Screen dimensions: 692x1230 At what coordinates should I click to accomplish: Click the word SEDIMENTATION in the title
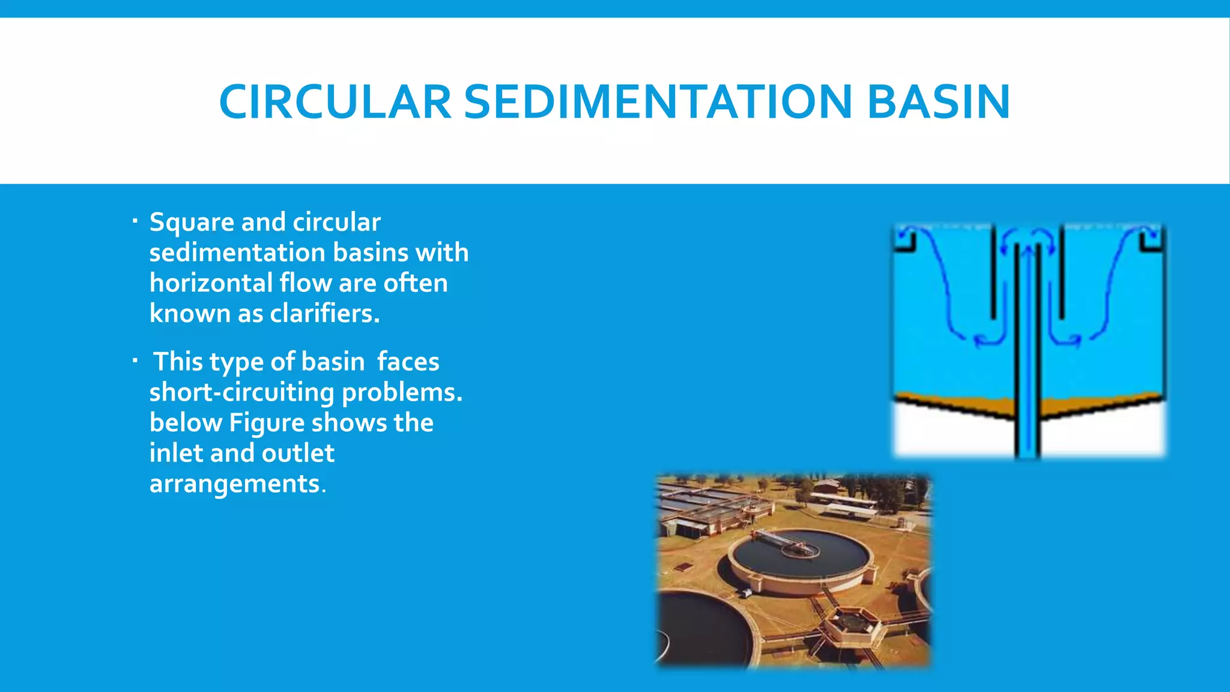coord(658,102)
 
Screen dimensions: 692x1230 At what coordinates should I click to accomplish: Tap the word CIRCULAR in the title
coord(335,102)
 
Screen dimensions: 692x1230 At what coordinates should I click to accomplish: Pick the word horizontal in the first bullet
coord(211,283)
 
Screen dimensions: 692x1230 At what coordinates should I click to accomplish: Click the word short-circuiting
coord(241,392)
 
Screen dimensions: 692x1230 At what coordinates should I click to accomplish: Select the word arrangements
coord(235,484)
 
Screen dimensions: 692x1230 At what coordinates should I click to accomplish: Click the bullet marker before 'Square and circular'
coord(135,222)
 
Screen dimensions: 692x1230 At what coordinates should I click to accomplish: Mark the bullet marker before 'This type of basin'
coord(135,361)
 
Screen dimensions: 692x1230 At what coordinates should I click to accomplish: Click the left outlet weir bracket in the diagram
coord(904,241)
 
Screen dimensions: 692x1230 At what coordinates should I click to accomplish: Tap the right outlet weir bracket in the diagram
coord(1153,241)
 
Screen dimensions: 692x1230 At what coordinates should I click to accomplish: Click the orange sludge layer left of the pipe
coord(961,404)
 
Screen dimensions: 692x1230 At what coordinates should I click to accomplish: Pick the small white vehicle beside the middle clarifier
coord(747,593)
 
